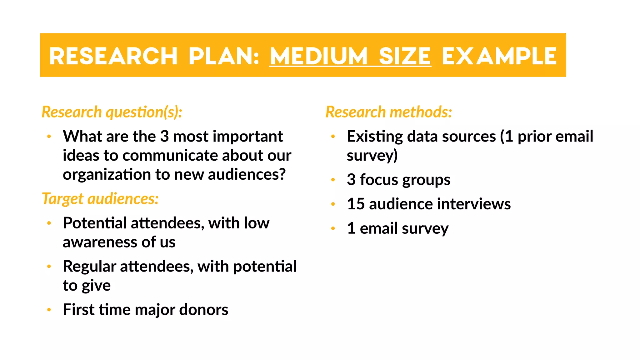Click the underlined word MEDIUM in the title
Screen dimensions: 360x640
pos(318,56)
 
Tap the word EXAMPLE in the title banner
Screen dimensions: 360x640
pos(499,56)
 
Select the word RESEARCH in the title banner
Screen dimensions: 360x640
pos(113,56)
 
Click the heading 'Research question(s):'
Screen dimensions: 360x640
pos(112,112)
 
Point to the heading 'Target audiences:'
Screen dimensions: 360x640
pos(100,199)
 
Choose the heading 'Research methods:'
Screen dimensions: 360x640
pos(389,112)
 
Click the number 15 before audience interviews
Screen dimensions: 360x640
pos(356,204)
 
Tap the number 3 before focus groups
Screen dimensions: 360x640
pos(351,180)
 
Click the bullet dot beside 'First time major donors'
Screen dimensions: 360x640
pos(49,310)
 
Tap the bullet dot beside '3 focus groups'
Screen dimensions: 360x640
pos(333,180)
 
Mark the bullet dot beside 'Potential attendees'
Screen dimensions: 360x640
pos(49,223)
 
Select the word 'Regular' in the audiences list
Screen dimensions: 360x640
pos(89,267)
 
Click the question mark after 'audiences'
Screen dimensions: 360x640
pos(282,174)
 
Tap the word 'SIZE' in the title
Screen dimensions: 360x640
pos(405,56)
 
